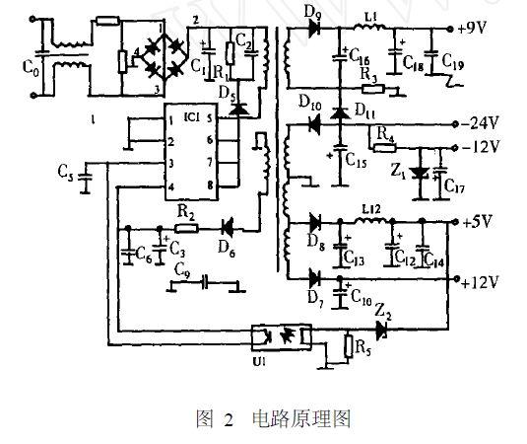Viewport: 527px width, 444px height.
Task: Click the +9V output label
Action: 476,29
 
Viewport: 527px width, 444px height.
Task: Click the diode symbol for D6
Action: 230,226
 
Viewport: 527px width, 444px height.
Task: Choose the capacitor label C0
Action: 17,71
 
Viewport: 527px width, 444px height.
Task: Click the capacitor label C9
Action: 181,268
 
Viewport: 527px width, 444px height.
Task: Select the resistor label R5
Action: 362,348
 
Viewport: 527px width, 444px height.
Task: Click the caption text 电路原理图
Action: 302,418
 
